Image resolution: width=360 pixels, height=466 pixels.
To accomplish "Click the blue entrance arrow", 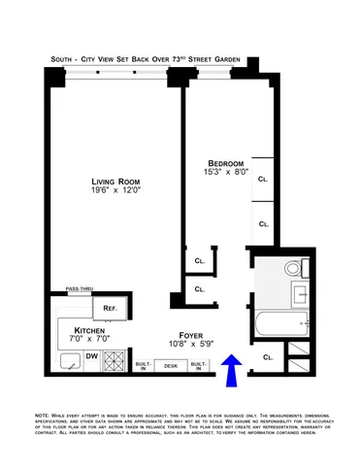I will pyautogui.click(x=232, y=367).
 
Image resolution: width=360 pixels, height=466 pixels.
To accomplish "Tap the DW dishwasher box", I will pyautogui.click(x=92, y=356).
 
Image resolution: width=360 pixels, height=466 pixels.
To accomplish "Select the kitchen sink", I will pyautogui.click(x=70, y=362).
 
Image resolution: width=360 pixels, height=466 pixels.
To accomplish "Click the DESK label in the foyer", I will pyautogui.click(x=171, y=366).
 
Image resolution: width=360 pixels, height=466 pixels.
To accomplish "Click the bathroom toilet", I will pyautogui.click(x=293, y=269).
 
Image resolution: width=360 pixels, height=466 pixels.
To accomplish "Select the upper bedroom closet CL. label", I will pyautogui.click(x=263, y=180).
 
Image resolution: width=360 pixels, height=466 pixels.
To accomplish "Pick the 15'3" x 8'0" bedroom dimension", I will pyautogui.click(x=225, y=172).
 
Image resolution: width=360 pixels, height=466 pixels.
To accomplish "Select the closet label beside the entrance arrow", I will pyautogui.click(x=267, y=357).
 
